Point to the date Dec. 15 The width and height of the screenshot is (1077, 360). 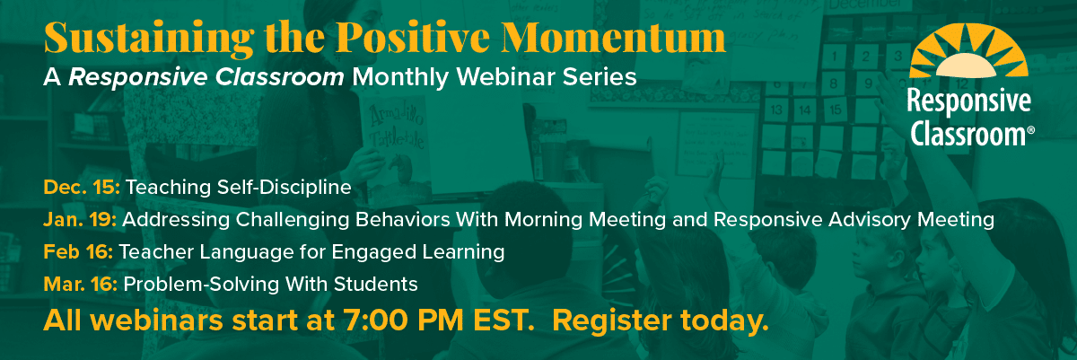point(82,187)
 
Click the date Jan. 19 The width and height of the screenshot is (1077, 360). point(80,219)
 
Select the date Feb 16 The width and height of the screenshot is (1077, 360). point(78,251)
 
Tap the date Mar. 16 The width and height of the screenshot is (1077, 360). point(80,284)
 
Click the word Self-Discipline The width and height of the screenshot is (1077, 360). point(284,188)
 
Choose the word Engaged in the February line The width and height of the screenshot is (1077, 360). point(373,252)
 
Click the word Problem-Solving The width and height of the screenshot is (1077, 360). point(201,284)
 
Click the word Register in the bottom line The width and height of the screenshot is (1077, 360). point(611,321)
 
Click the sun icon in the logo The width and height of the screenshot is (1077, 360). point(968,50)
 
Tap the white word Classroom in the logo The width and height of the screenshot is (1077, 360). point(968,134)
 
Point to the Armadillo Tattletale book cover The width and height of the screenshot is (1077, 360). point(395,145)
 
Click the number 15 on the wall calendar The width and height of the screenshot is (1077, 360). point(836,110)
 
